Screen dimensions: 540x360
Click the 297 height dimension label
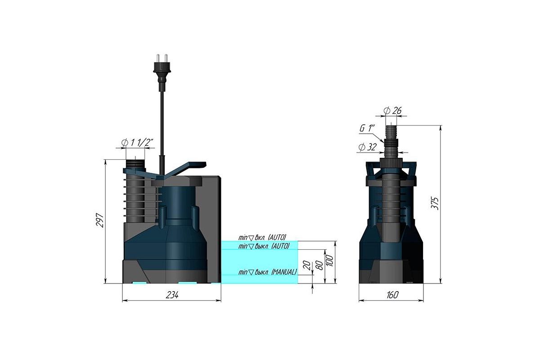tap(100, 220)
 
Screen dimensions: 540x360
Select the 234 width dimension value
tap(172, 295)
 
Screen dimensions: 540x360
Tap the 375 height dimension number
tap(435, 203)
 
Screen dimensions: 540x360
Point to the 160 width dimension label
tap(392, 295)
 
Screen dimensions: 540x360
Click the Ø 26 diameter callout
tap(392, 111)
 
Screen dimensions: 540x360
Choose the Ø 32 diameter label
tap(367, 147)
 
